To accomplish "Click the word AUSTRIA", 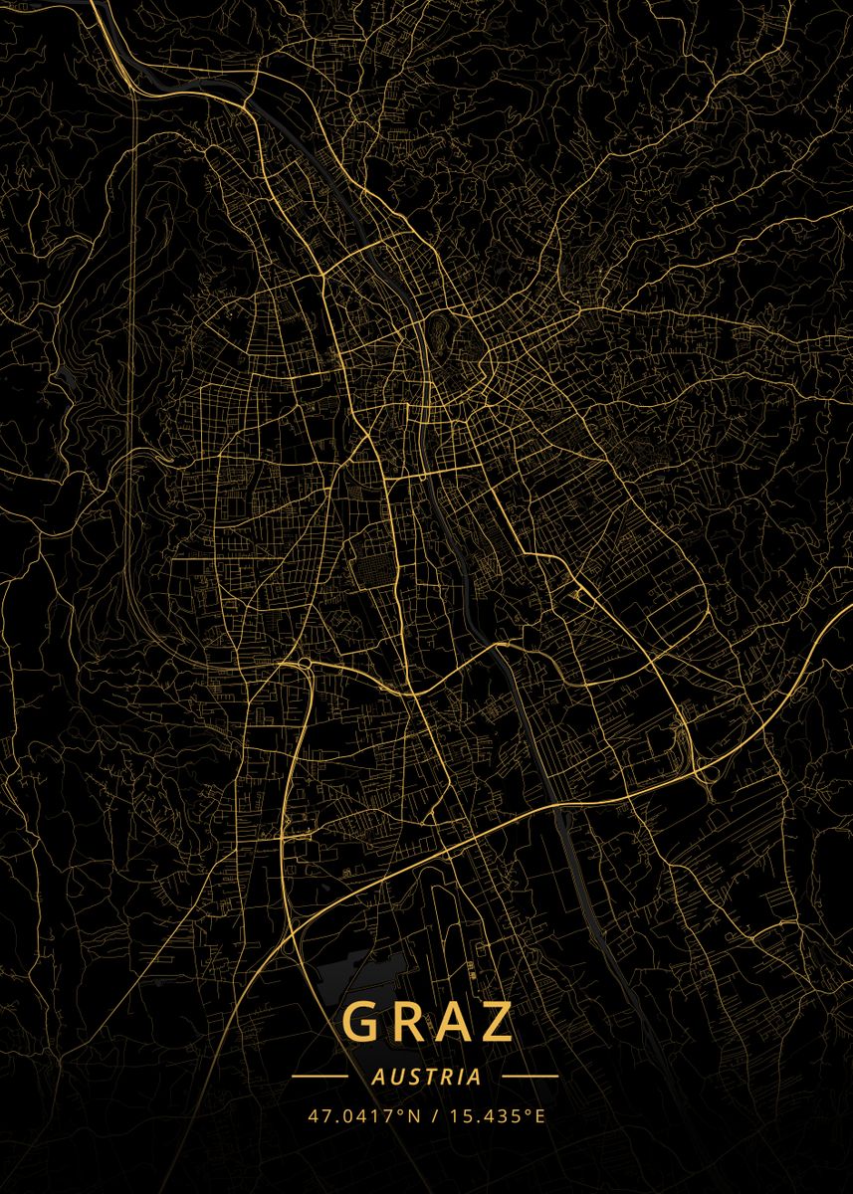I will point(426,1077).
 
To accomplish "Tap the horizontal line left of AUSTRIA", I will point(320,1077).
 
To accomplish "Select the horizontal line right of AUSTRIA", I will point(531,1077).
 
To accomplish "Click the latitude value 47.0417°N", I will point(364,1115).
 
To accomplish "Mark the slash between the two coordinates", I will point(436,1115).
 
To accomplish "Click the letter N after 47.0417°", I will point(415,1115).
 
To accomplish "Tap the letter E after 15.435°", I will point(540,1115).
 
